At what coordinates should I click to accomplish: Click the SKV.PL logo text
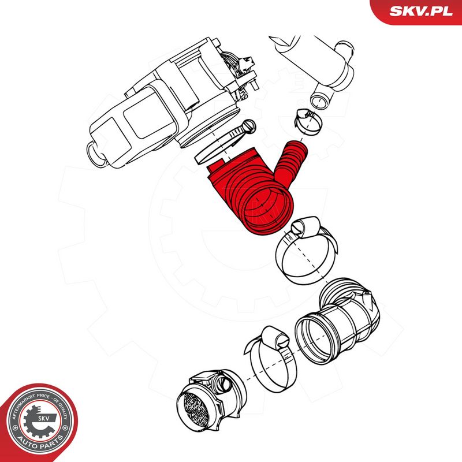click(421, 11)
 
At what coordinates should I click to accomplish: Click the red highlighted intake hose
click(254, 189)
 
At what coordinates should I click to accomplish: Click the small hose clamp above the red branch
click(308, 122)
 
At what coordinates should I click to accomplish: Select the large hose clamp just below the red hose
click(307, 251)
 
